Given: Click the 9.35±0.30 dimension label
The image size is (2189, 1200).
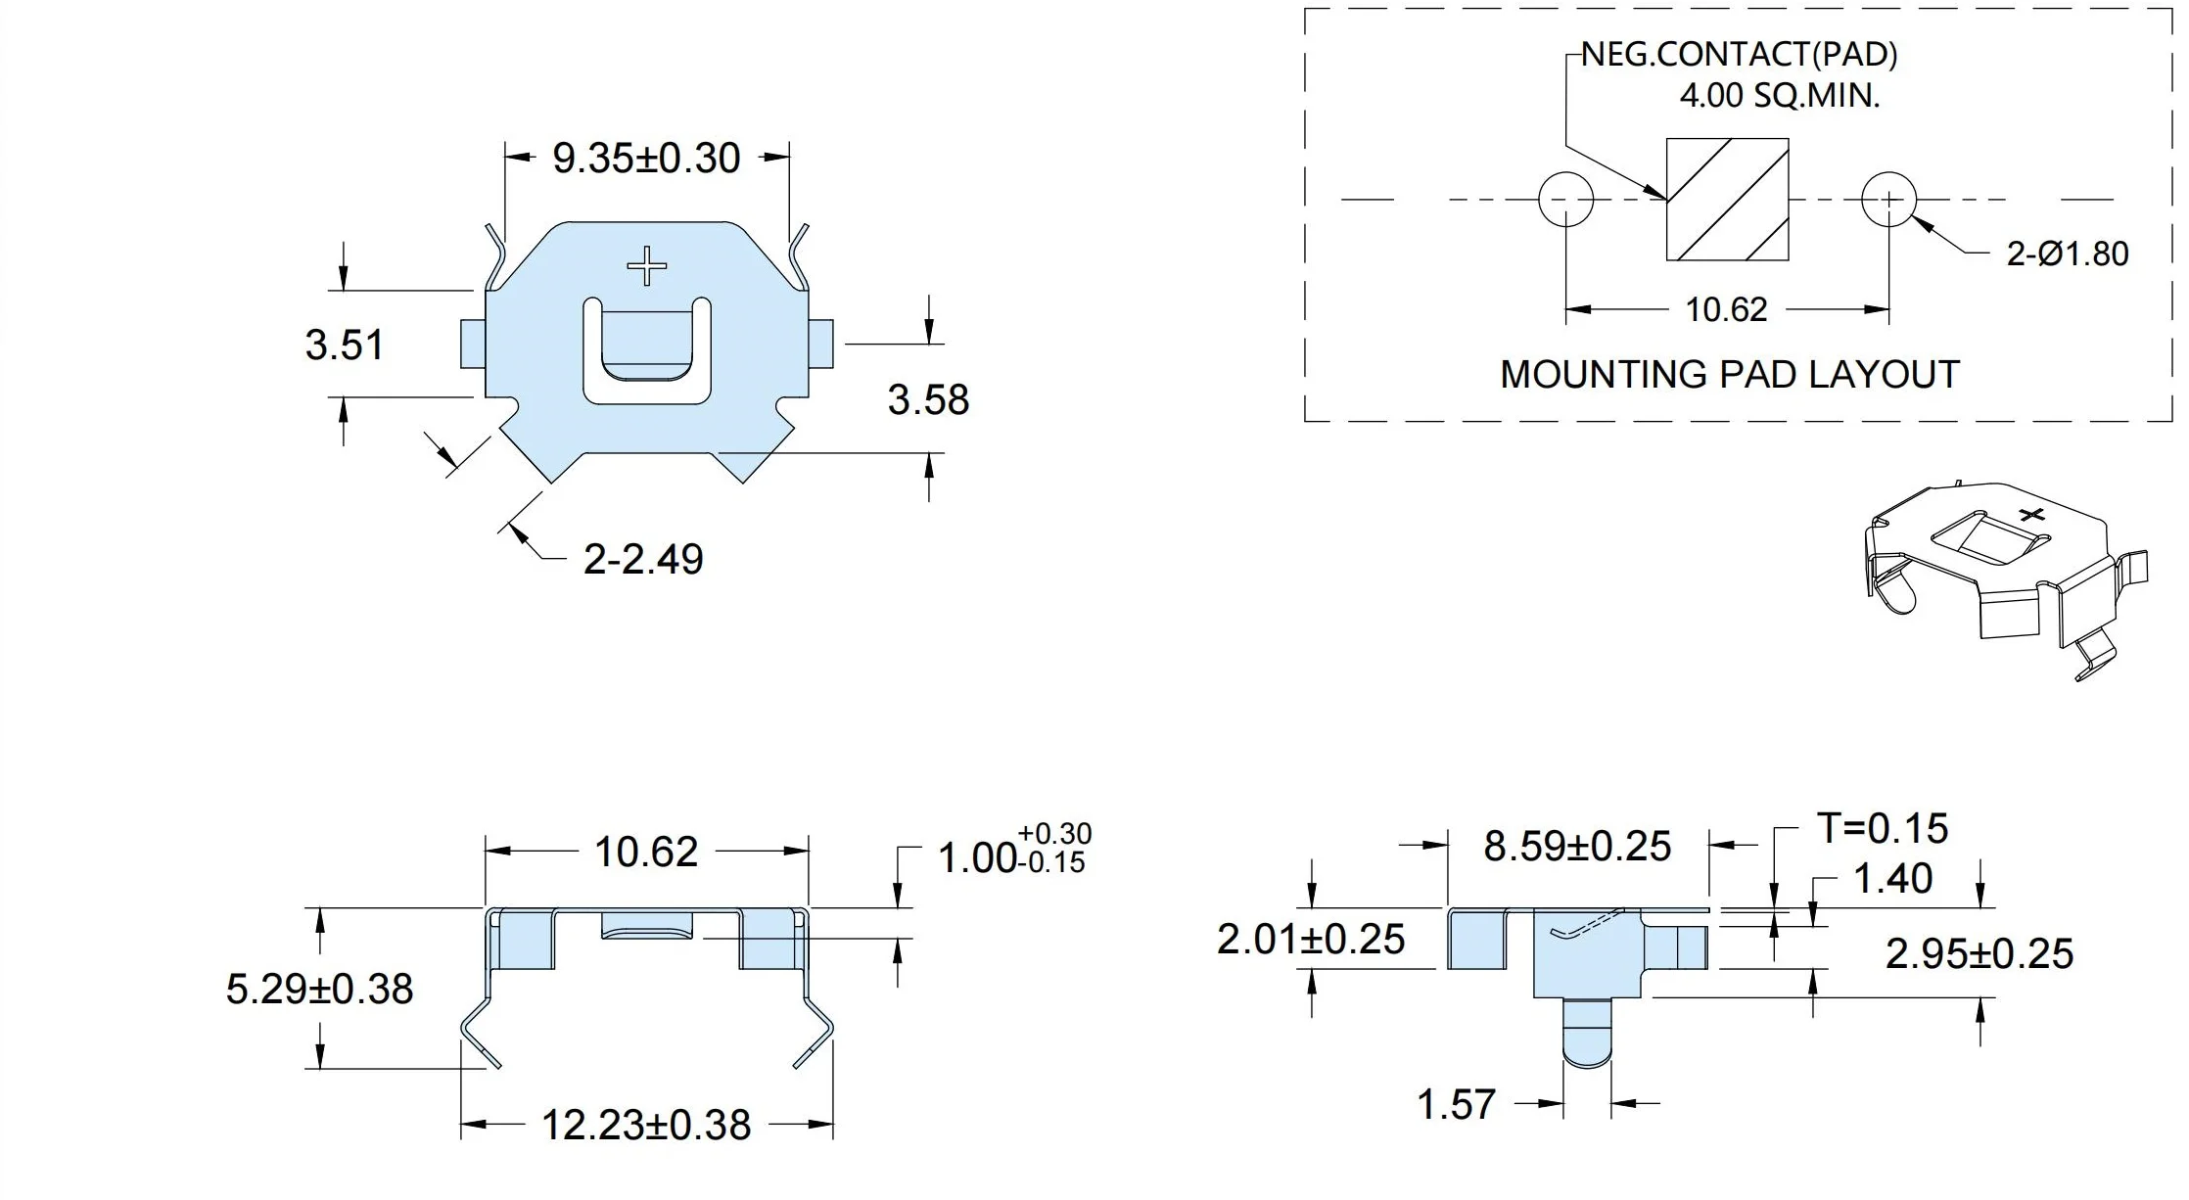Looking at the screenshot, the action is click(x=646, y=159).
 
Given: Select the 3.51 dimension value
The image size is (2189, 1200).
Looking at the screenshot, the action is click(x=345, y=345).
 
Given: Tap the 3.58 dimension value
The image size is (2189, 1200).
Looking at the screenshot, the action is click(x=928, y=399).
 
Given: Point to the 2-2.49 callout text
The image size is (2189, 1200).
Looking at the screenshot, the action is click(x=643, y=559).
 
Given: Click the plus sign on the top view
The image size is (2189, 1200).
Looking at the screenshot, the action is click(x=646, y=265).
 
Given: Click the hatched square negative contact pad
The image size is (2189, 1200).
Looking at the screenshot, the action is click(x=1727, y=200).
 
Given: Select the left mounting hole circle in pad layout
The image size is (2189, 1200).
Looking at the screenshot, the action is click(x=1566, y=200).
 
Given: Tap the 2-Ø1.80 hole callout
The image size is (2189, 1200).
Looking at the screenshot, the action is click(x=2068, y=254).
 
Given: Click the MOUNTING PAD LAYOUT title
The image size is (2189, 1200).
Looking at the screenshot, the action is click(x=1730, y=375).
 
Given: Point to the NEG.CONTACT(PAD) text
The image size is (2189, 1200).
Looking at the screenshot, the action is click(x=1740, y=55).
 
